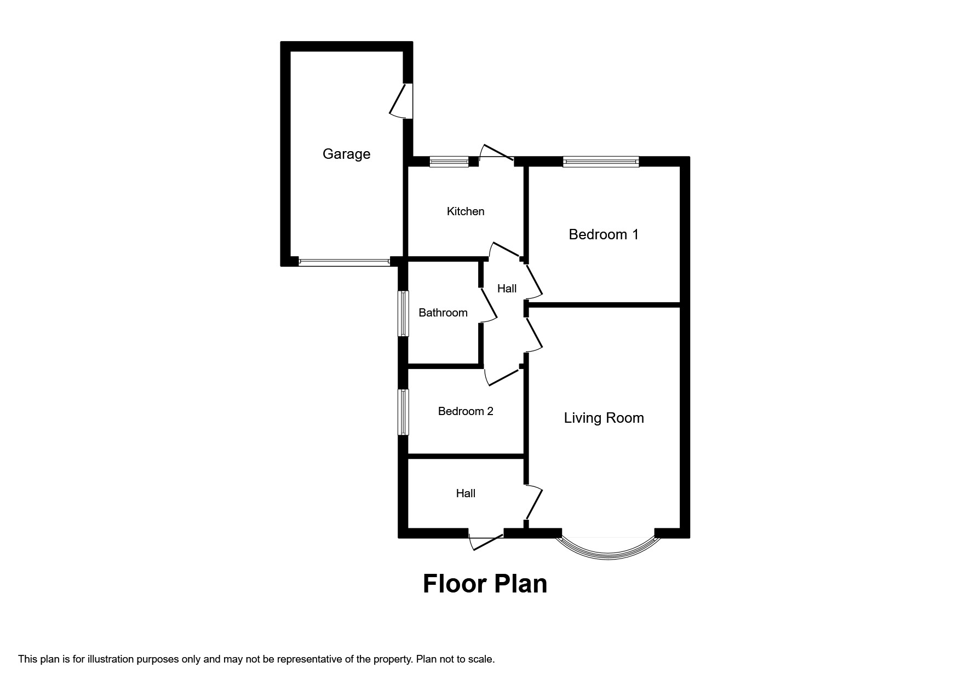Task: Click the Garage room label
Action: [346, 154]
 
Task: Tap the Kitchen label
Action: [466, 211]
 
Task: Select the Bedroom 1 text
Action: [604, 234]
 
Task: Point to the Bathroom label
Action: [443, 313]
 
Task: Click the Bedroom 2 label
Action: [466, 411]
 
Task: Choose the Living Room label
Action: [604, 418]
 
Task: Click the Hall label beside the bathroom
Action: [507, 289]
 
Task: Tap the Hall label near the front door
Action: [466, 493]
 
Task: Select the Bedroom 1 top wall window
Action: [601, 162]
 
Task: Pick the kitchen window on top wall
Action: [449, 162]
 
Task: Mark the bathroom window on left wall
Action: [403, 313]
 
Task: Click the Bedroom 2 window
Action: [403, 412]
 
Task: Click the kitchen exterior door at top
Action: [496, 153]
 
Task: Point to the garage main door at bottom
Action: [345, 262]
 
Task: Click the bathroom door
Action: [489, 304]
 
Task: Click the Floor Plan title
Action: [485, 584]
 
